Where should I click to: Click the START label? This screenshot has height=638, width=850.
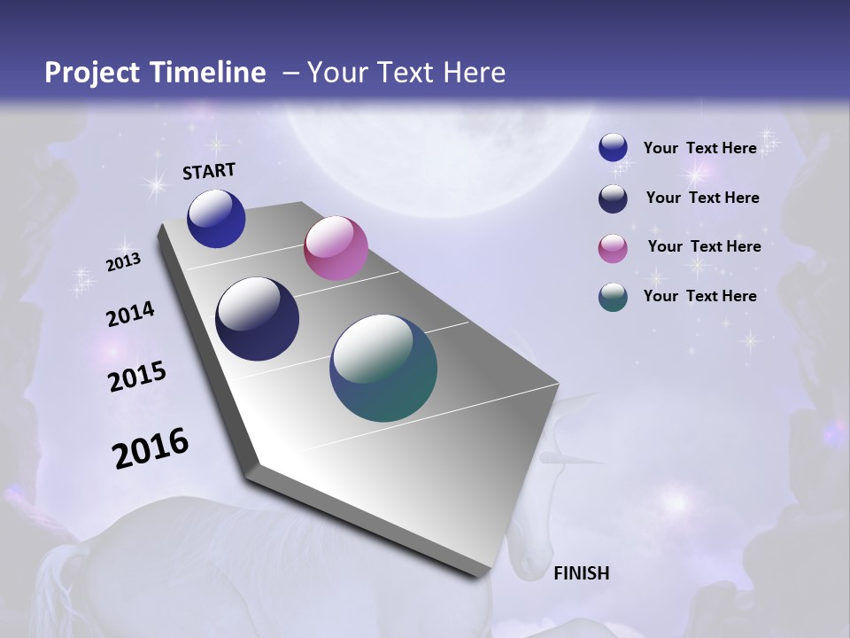coord(209,171)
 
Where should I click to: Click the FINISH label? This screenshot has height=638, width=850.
coord(582,573)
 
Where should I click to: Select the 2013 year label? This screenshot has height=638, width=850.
coord(123,262)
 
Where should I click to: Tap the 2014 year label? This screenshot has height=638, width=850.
coord(130,314)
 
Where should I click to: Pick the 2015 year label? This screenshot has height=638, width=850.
coord(137,377)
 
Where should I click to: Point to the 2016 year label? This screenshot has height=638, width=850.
coord(151,447)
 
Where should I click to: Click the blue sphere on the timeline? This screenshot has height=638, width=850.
coord(216,219)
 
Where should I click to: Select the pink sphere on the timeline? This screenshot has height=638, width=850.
coord(336,248)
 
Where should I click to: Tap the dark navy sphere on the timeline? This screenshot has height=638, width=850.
coord(258,319)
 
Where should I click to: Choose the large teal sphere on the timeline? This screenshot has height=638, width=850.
coord(383,368)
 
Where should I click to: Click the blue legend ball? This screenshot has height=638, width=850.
coord(613,148)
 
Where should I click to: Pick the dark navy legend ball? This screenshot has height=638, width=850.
coord(613,198)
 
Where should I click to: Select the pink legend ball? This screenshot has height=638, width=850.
coord(613,248)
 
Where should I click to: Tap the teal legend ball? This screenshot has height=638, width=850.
coord(613,297)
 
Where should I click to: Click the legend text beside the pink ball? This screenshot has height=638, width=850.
coord(704,246)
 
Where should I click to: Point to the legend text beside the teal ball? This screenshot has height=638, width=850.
coord(700,296)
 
